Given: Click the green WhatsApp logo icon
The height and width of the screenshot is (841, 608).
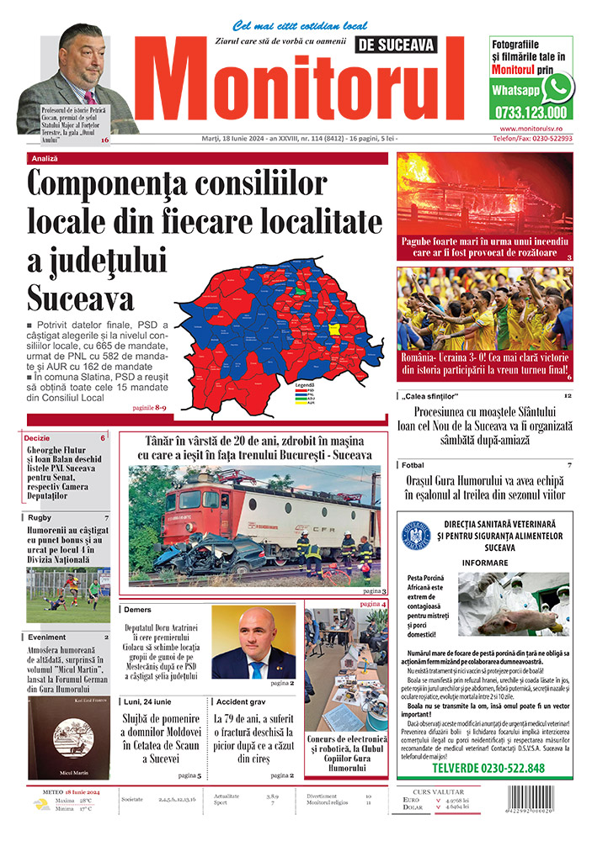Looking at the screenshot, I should pyautogui.click(x=557, y=87).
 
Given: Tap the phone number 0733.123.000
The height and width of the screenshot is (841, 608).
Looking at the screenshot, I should pyautogui.click(x=531, y=112).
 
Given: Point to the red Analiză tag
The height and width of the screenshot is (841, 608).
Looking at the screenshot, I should pyautogui.click(x=45, y=157).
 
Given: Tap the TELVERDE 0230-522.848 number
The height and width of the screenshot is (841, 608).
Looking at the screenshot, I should pyautogui.click(x=488, y=768).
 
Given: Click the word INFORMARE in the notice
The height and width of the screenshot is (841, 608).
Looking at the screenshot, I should pyautogui.click(x=484, y=563).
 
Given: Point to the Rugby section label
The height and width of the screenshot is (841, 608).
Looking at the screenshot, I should pyautogui.click(x=40, y=517).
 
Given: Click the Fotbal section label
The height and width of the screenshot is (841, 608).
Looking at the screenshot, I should pyautogui.click(x=413, y=464).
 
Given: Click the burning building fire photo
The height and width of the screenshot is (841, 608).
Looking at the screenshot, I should pyautogui.click(x=484, y=200).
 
